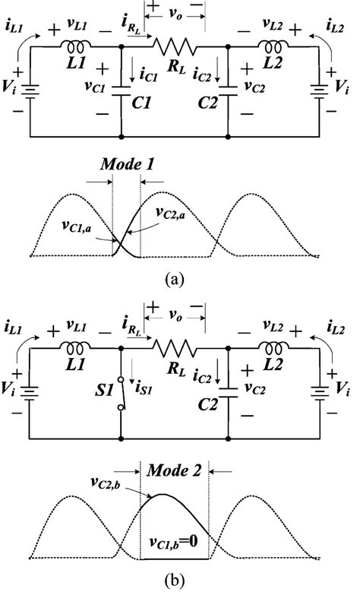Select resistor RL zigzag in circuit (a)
pos(175,45)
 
